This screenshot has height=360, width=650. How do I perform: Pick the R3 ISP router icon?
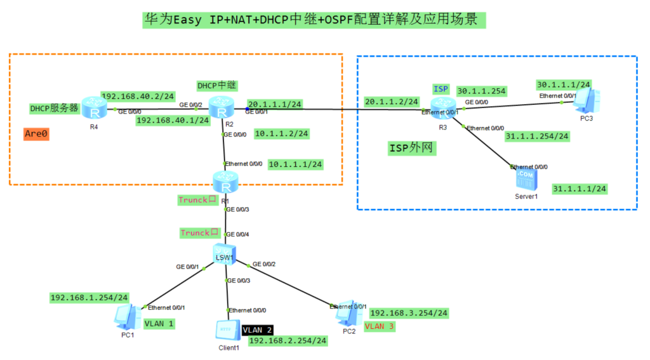pyautogui.click(x=442, y=107)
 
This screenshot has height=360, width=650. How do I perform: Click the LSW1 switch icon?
pyautogui.click(x=225, y=254)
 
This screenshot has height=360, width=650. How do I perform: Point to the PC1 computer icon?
pyautogui.click(x=128, y=316)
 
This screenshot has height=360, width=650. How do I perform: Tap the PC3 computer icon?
pyautogui.click(x=587, y=100)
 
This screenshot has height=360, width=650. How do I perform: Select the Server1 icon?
pyautogui.click(x=526, y=179)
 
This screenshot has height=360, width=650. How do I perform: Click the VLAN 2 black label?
pyautogui.click(x=258, y=330)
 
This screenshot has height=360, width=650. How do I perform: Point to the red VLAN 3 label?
pyautogui.click(x=379, y=326)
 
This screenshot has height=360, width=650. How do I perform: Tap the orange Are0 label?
pyautogui.click(x=36, y=134)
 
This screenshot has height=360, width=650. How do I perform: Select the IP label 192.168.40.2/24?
pyautogui.click(x=138, y=96)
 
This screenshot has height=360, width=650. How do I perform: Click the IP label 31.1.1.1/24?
pyautogui.click(x=580, y=189)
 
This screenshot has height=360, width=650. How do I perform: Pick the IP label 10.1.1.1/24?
pyautogui.click(x=296, y=164)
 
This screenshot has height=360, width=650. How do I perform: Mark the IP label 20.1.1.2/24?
pyautogui.click(x=391, y=101)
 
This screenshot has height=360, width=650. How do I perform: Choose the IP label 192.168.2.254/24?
pyautogui.click(x=288, y=341)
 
